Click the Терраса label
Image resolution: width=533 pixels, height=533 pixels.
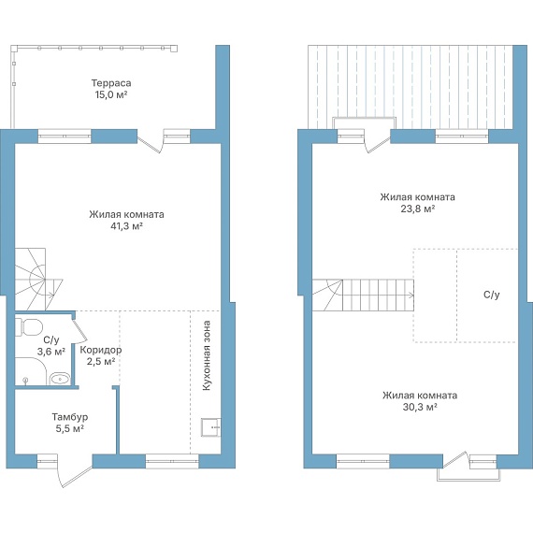[111, 83]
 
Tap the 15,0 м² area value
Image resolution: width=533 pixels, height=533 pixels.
[111, 94]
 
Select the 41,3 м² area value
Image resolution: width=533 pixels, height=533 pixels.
[126, 226]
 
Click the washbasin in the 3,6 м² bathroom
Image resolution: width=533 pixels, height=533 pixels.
[60, 379]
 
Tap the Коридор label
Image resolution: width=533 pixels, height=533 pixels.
[101, 350]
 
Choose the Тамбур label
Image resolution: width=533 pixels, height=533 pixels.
[70, 417]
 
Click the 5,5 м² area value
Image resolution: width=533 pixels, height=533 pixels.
[70, 428]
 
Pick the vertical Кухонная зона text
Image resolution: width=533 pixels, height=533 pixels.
[207, 355]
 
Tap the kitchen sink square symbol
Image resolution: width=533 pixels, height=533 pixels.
[210, 427]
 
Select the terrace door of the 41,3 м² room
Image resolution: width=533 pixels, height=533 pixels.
[150, 144]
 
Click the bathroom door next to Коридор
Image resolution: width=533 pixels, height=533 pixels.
[79, 329]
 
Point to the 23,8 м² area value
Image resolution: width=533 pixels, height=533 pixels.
[418, 209]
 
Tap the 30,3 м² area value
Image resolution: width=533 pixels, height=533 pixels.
[420, 407]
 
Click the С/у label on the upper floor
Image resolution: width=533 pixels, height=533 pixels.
[492, 295]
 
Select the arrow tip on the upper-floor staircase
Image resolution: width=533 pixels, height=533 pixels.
[414, 295]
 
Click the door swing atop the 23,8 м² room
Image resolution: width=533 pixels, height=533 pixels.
[377, 144]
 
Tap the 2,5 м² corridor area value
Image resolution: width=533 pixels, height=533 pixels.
[101, 361]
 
